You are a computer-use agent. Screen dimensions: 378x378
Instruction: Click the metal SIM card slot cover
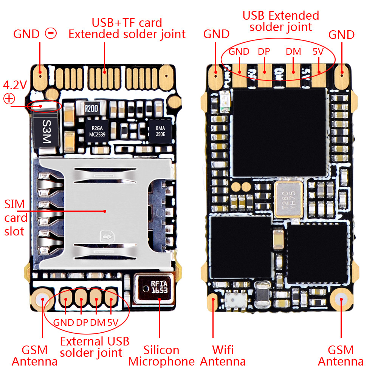coord(106,212)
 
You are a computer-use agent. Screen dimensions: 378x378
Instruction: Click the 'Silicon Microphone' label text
coord(161,355)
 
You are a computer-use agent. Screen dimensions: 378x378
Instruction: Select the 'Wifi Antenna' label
coord(223,355)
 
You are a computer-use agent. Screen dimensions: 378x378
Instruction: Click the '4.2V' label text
coord(15,84)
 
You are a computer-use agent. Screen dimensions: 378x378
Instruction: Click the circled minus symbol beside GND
coord(51,34)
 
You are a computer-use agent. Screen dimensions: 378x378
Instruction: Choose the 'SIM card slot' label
coord(15,218)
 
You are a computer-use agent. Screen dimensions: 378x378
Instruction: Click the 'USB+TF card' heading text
coord(127,23)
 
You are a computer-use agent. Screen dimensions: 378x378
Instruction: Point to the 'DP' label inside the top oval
coord(264,52)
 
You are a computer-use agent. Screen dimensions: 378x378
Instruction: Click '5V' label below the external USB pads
coord(113,323)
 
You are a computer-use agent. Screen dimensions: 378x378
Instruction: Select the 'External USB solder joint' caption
coord(94,347)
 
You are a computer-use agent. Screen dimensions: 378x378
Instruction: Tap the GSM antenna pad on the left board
coord(42,299)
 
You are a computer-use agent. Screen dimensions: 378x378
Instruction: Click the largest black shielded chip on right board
coord(279,132)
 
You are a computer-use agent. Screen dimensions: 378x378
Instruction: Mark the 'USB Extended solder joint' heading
coord(281,21)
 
